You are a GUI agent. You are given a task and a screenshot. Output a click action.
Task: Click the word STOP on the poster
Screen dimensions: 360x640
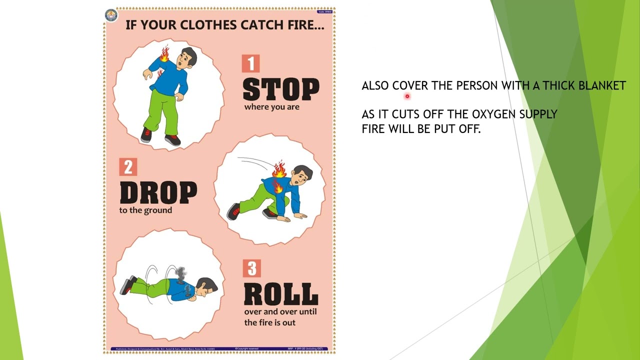(280, 90)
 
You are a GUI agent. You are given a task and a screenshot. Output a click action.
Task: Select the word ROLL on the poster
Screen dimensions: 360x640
(280, 294)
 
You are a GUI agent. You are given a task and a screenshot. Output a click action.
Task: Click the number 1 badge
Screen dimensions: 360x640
(250, 63)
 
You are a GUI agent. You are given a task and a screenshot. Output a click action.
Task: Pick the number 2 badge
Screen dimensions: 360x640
(128, 167)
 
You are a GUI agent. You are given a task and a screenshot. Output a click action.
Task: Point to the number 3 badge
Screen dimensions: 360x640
(251, 268)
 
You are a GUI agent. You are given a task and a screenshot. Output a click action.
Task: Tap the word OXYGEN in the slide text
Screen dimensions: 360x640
(493, 114)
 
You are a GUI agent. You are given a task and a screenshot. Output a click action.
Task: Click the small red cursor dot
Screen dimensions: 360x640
(407, 96)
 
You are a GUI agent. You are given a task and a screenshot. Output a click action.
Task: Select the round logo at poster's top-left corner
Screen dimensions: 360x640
(110, 15)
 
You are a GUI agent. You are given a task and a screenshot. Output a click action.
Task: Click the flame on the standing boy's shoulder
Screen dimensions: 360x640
(164, 54)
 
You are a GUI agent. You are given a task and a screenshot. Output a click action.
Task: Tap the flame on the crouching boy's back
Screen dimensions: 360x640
(279, 170)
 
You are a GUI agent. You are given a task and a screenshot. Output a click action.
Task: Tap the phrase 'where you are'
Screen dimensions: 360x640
(271, 107)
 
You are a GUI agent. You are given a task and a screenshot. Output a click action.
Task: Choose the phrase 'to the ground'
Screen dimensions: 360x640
(145, 210)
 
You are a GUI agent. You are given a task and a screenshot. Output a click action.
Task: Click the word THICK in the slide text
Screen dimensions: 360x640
(559, 86)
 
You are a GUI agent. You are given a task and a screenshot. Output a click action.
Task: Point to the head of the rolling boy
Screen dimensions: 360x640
(207, 287)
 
